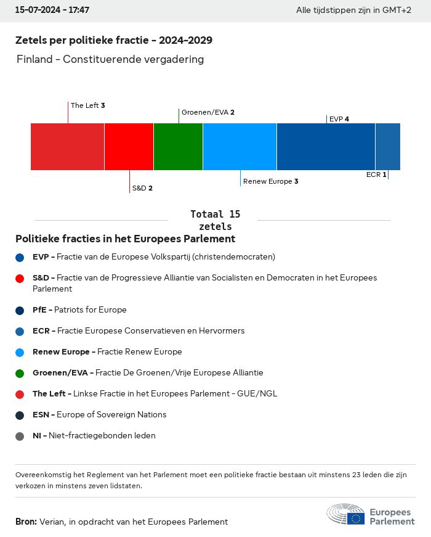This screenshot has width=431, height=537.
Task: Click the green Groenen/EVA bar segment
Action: (178, 147)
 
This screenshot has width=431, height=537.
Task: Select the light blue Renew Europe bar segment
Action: (240, 147)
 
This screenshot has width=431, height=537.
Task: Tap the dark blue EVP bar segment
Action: (326, 147)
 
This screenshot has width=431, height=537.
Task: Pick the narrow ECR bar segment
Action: (388, 147)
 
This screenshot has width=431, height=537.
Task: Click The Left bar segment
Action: (67, 147)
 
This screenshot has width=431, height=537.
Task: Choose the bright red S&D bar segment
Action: (129, 147)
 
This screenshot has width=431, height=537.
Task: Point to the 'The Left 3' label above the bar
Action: (87, 105)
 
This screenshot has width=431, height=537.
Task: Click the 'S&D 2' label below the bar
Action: (142, 188)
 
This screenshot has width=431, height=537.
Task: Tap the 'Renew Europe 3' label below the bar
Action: (270, 181)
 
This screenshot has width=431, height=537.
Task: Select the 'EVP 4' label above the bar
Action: (339, 119)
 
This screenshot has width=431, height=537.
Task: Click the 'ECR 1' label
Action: (376, 174)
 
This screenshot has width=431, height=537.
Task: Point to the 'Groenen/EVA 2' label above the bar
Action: (207, 112)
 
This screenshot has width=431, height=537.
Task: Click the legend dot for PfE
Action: (20, 310)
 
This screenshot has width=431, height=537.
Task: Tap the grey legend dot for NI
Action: (20, 436)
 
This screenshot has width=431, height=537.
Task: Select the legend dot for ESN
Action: (20, 415)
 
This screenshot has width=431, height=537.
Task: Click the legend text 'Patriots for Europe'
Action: (90, 309)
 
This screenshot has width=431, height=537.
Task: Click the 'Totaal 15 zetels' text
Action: (216, 220)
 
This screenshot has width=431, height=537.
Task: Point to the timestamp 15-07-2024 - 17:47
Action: (52, 10)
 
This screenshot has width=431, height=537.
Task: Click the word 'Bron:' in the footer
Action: (26, 522)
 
